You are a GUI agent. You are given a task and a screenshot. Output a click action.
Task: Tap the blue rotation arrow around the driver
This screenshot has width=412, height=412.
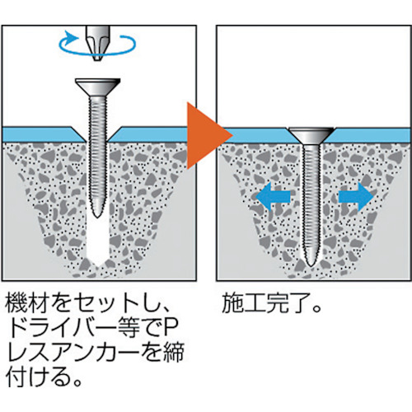[x=97, y=52]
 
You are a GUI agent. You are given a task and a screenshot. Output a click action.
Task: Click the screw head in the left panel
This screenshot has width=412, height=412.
[x=98, y=87]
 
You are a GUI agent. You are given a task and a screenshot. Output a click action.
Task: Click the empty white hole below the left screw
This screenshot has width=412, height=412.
[x=97, y=241]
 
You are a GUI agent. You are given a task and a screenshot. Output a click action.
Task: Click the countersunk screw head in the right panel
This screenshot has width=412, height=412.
[x=311, y=137]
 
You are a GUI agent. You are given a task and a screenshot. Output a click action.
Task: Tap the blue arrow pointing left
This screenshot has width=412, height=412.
[x=273, y=197]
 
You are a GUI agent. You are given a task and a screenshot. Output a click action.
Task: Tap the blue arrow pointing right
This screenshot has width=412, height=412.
[x=356, y=197]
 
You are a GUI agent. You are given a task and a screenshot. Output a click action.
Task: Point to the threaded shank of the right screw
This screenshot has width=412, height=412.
[x=311, y=200]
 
